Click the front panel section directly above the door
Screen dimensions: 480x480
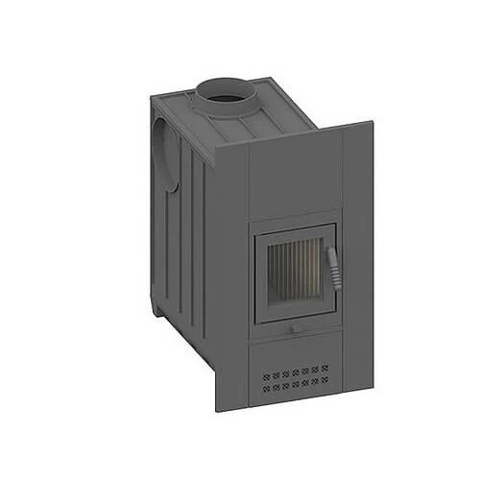pos(293,178)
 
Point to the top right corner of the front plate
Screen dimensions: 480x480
pos(372,123)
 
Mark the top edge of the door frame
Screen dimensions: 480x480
pos(294,228)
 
